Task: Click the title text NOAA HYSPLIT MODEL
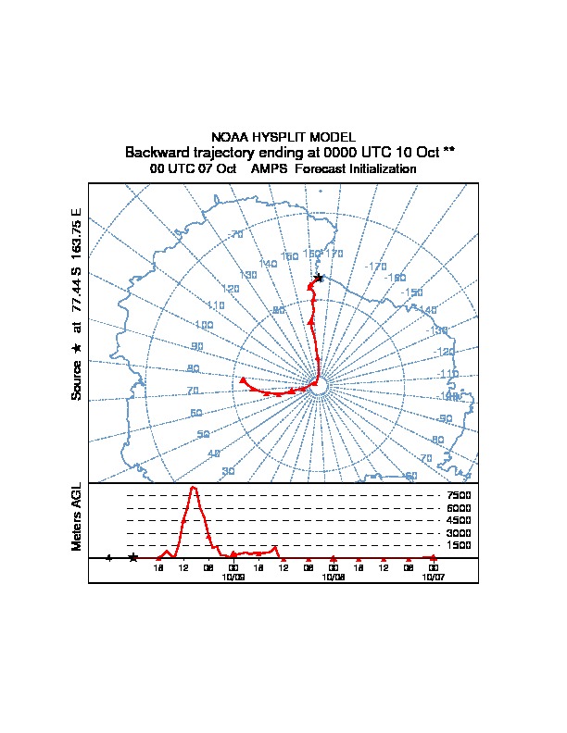coord(283,137)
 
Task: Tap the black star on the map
coord(319,278)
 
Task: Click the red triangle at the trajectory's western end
coord(243,379)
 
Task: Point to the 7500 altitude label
coord(459,495)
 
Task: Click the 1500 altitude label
coord(459,546)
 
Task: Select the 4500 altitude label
coord(459,520)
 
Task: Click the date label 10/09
coord(233,577)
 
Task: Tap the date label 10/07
coord(433,577)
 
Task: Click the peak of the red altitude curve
coord(194,488)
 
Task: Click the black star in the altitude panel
coord(133,557)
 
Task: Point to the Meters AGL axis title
coord(77,517)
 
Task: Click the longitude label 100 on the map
coord(204,325)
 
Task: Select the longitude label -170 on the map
coord(375,267)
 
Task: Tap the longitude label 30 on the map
coord(228,471)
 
